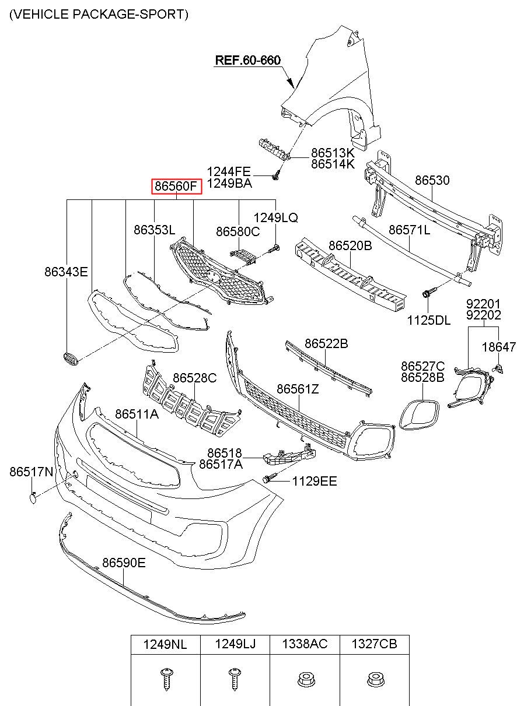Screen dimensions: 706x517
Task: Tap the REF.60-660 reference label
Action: click(248, 60)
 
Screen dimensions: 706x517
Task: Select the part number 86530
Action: click(432, 181)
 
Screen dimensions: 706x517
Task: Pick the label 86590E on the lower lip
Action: click(124, 563)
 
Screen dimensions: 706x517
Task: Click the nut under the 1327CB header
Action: click(373, 679)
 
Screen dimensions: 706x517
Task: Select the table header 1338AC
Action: click(305, 644)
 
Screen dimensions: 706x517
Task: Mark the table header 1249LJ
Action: click(235, 644)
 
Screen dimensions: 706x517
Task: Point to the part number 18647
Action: click(498, 347)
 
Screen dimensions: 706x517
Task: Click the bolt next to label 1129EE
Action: click(268, 479)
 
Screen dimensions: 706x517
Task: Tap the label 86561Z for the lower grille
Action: click(298, 389)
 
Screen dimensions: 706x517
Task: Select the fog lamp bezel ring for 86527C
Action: click(418, 414)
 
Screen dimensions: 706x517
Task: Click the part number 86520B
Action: click(350, 246)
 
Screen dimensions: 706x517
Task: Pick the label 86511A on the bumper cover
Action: click(137, 415)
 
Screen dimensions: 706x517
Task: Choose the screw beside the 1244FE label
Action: click(277, 174)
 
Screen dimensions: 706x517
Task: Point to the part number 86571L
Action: click(409, 230)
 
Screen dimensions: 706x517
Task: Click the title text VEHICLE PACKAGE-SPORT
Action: click(99, 15)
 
